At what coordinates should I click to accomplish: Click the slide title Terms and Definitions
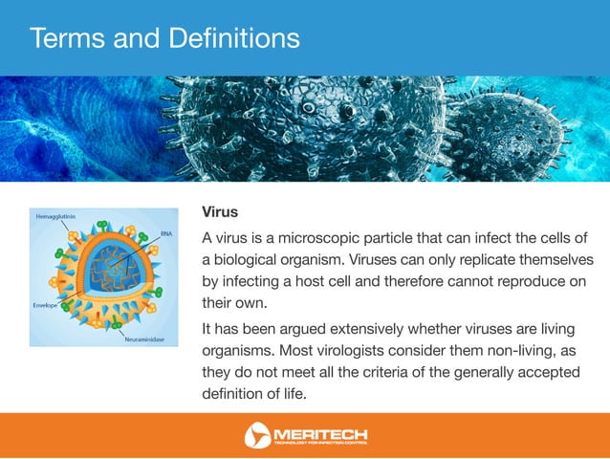(x=163, y=38)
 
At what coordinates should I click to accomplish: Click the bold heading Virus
(x=219, y=210)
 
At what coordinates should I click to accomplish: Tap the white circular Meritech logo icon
(x=257, y=436)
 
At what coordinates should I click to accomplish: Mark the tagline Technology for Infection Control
(x=320, y=444)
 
